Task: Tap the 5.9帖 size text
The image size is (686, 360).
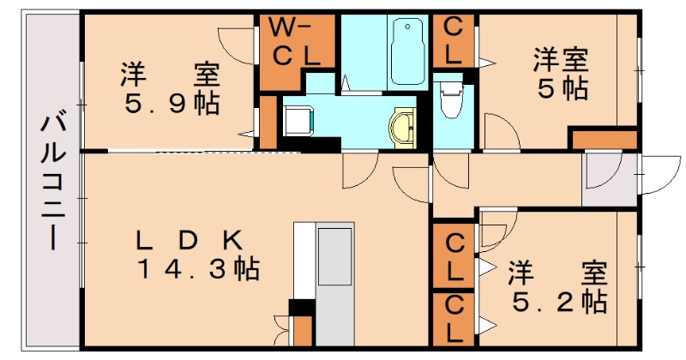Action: click(x=171, y=105)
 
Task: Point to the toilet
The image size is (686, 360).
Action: click(x=448, y=102)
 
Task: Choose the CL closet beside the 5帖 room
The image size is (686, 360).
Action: click(x=454, y=40)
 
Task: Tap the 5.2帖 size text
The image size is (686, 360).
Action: click(x=559, y=301)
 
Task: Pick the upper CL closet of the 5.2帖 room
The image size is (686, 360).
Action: click(x=454, y=255)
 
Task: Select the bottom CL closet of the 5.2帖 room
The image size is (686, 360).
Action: click(x=454, y=319)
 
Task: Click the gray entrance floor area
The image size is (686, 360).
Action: click(x=607, y=180)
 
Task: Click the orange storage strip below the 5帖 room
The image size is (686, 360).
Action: click(x=604, y=139)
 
